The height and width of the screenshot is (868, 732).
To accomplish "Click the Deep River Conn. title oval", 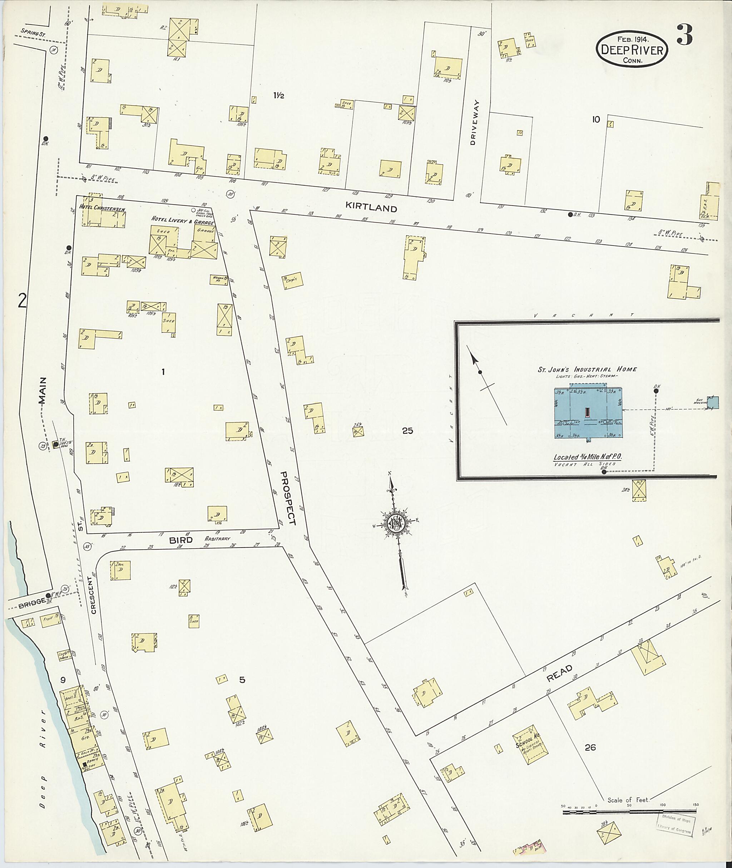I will (632, 49).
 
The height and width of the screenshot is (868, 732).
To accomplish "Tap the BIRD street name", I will (180, 540).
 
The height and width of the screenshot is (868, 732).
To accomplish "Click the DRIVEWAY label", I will (475, 123).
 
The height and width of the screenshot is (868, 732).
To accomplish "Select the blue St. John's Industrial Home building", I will (589, 413).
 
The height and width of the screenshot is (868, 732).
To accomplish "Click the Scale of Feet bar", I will (629, 807).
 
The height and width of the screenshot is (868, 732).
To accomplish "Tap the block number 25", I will (407, 431).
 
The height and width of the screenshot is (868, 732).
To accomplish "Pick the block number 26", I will (590, 747).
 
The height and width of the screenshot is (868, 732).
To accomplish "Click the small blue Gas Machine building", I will (713, 402).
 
